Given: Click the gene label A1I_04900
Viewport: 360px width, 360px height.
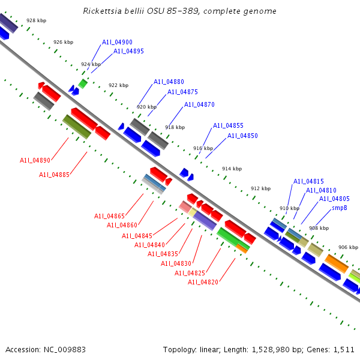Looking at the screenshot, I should [117, 43].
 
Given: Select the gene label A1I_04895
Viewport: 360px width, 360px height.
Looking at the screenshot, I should [128, 52].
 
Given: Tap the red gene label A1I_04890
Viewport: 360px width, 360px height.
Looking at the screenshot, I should [35, 161].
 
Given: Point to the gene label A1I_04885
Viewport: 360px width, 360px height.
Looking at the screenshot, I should [54, 175].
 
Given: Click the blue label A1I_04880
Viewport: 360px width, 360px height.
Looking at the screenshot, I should [169, 82].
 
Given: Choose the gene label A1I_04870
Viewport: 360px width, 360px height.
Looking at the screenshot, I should [199, 105].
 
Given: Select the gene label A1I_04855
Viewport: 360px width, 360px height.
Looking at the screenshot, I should [228, 126].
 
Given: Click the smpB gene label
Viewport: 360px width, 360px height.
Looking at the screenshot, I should [340, 208].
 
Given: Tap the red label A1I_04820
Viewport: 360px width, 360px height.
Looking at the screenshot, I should [203, 283].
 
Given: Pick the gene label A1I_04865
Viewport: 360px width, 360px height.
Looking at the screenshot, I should [109, 217].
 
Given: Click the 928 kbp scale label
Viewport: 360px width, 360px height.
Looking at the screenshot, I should [36, 20].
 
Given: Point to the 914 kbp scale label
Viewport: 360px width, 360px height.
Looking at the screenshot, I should [232, 169].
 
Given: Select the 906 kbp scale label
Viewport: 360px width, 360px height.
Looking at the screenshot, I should [348, 247].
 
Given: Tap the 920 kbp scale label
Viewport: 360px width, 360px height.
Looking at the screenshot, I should [146, 107].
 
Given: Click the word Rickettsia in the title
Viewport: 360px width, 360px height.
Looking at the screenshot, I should [103, 11].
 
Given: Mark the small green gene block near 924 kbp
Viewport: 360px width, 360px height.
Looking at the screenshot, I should [83, 84].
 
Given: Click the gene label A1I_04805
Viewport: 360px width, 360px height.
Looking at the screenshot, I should [334, 199].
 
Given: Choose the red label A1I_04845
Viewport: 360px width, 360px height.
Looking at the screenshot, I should [137, 236].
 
